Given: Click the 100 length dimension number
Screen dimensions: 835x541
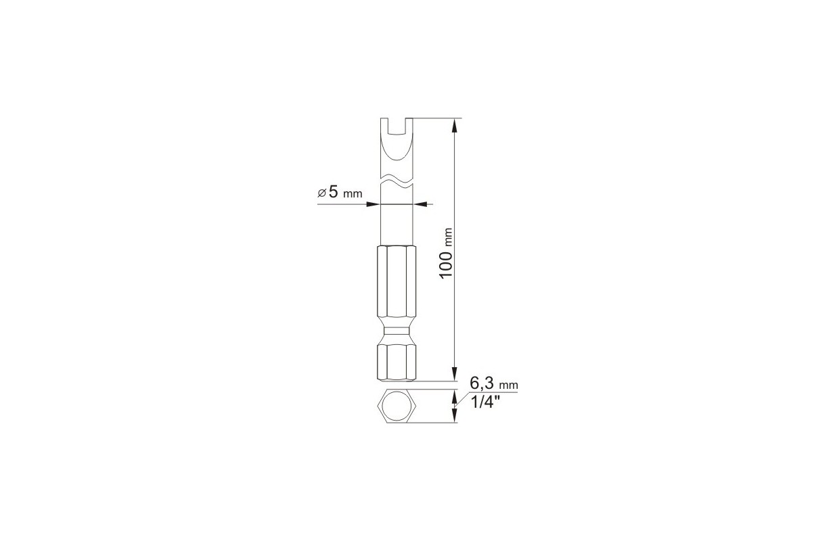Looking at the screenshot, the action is (x=446, y=264).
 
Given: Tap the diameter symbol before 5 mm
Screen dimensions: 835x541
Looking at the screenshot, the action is (x=321, y=193).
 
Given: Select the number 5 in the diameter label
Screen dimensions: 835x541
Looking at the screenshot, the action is (x=333, y=192).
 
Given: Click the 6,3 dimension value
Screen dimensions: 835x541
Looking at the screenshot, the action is (x=482, y=383).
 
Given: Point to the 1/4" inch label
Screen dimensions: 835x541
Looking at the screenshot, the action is (x=485, y=402).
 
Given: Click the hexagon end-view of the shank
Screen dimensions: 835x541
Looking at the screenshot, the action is (x=397, y=406).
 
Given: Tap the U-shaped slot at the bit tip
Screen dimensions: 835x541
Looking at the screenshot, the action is (x=397, y=126).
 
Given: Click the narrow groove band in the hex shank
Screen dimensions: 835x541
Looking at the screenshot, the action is (x=397, y=331).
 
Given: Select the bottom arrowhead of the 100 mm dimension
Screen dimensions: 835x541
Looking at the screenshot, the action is (x=454, y=374).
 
